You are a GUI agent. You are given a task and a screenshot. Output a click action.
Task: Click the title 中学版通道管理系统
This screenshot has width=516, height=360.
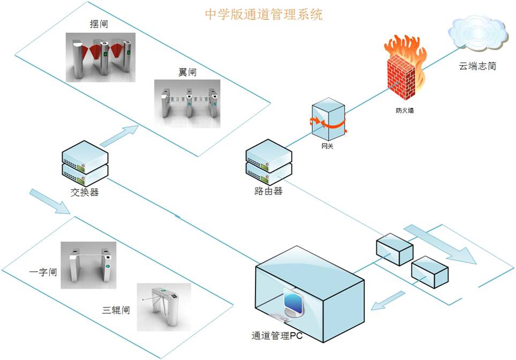pyautogui.click(x=264, y=14)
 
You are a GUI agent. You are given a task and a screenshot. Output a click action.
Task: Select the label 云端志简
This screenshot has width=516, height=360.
pyautogui.click(x=477, y=66)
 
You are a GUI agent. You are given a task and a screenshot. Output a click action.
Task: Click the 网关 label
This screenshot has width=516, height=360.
pyautogui.click(x=327, y=146)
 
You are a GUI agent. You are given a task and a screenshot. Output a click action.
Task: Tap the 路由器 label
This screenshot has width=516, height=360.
pyautogui.click(x=268, y=191)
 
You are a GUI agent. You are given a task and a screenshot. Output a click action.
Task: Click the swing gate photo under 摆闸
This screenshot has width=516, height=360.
pyautogui.click(x=99, y=58)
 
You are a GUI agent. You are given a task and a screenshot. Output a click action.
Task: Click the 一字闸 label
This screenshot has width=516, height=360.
pyautogui.click(x=42, y=272)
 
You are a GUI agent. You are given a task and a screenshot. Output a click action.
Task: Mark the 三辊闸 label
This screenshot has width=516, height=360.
pyautogui.click(x=116, y=310)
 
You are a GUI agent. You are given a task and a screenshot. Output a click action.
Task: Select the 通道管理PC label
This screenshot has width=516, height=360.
pyautogui.click(x=277, y=337)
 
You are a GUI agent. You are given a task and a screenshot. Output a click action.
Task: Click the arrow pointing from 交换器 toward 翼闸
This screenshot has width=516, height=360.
pyautogui.click(x=119, y=136)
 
